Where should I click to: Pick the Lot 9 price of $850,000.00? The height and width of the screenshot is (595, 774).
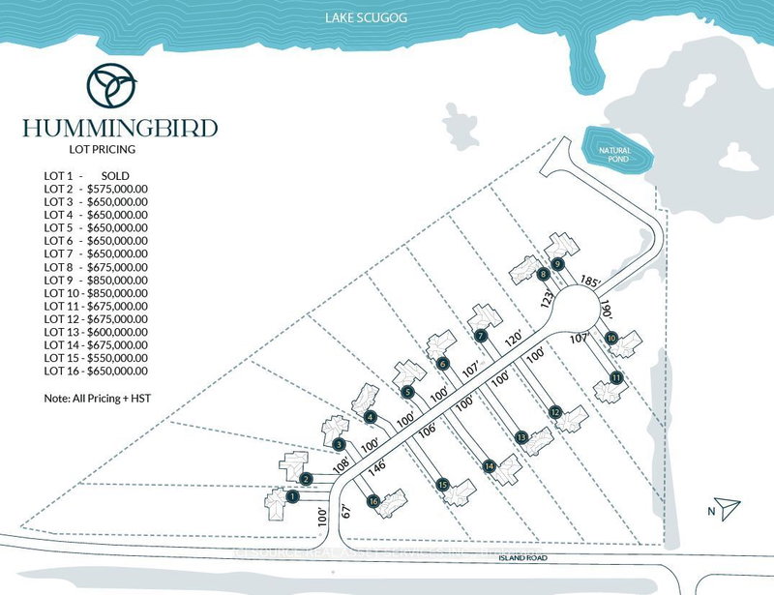coord(96,279)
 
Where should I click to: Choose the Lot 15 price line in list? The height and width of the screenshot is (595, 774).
coord(96,357)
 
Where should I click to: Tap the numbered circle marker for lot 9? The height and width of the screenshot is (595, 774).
coord(557,264)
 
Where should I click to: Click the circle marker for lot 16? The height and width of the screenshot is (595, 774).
coord(372,501)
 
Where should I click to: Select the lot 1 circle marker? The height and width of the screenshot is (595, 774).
coord(292,497)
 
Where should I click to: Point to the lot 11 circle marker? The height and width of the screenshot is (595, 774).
coord(616,377)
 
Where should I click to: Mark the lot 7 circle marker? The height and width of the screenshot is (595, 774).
coord(481,336)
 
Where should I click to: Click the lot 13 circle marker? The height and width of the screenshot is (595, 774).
coord(521,437)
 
